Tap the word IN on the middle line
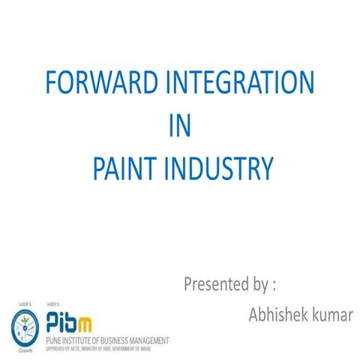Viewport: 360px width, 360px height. (x=179, y=125)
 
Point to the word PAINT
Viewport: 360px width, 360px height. (x=125, y=168)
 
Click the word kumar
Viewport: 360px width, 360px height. (x=330, y=314)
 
